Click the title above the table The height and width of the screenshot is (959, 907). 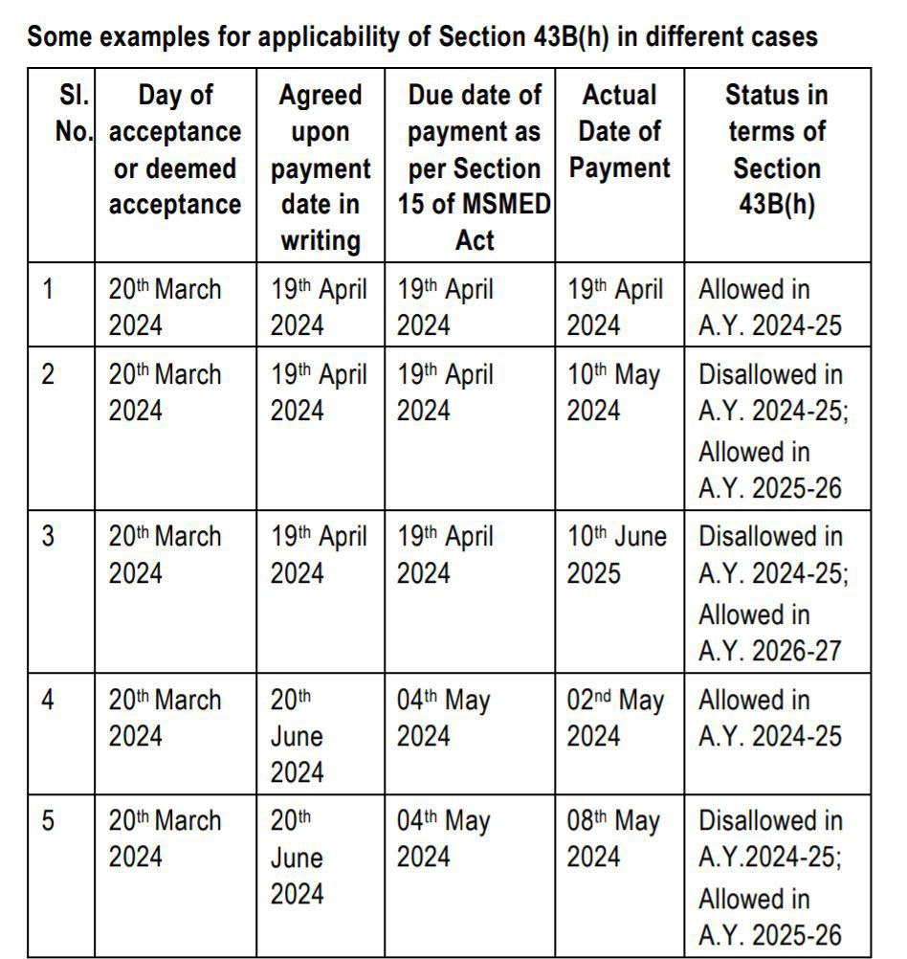coord(422,37)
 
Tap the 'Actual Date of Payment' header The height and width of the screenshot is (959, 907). coord(619,131)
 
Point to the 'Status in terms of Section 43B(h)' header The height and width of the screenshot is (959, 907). coord(776,149)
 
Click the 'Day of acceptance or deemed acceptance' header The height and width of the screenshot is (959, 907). coord(175,149)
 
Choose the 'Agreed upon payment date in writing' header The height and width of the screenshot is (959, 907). coord(320,167)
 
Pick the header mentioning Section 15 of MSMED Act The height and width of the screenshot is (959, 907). coord(474,167)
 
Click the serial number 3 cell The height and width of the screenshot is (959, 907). coord(48,536)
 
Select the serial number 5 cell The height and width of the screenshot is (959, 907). coord(48,821)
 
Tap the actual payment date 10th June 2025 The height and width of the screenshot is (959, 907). coord(616,554)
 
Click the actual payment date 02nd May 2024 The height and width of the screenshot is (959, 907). coord(614,718)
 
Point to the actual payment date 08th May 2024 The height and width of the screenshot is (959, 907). coord(614,839)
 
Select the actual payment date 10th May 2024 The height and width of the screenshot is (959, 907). coord(613,392)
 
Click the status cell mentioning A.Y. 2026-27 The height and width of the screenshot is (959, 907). coord(771,593)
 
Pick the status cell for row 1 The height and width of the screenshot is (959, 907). coord(770,307)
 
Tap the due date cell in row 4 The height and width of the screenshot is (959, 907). coord(444,718)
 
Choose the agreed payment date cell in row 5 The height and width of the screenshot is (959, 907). coord(298,857)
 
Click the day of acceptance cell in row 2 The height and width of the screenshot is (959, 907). coord(165,392)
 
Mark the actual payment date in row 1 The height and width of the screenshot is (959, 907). coord(614,307)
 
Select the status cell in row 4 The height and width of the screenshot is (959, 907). coord(770,718)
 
